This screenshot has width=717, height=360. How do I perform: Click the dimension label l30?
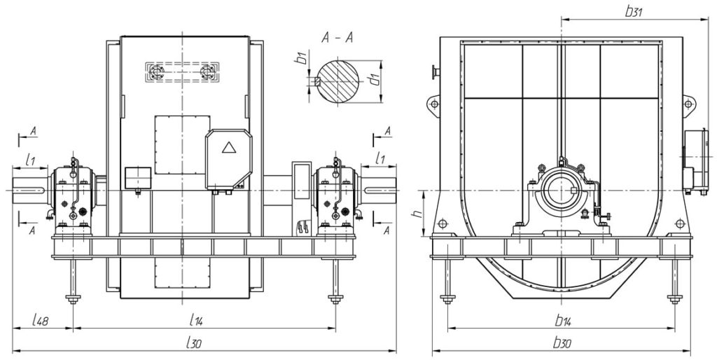[195, 343]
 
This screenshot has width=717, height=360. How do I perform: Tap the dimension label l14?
[196, 321]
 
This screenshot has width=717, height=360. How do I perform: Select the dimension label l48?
[41, 321]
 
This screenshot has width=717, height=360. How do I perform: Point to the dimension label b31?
[634, 12]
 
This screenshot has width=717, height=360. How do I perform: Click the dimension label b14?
[563, 321]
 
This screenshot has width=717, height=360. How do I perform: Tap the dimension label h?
[417, 214]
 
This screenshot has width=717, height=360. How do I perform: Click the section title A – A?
[337, 38]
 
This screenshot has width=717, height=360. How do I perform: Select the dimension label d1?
[375, 80]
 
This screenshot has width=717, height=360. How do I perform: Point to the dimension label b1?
[301, 59]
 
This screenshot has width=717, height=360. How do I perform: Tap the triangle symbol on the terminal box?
[228, 147]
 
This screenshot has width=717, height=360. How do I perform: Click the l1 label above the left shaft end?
[30, 160]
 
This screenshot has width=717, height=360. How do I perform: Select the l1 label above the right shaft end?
[380, 159]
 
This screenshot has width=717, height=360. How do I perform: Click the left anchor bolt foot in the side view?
[73, 300]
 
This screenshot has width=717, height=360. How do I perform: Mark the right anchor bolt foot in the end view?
[674, 300]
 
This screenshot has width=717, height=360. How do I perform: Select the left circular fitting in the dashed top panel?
[157, 72]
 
